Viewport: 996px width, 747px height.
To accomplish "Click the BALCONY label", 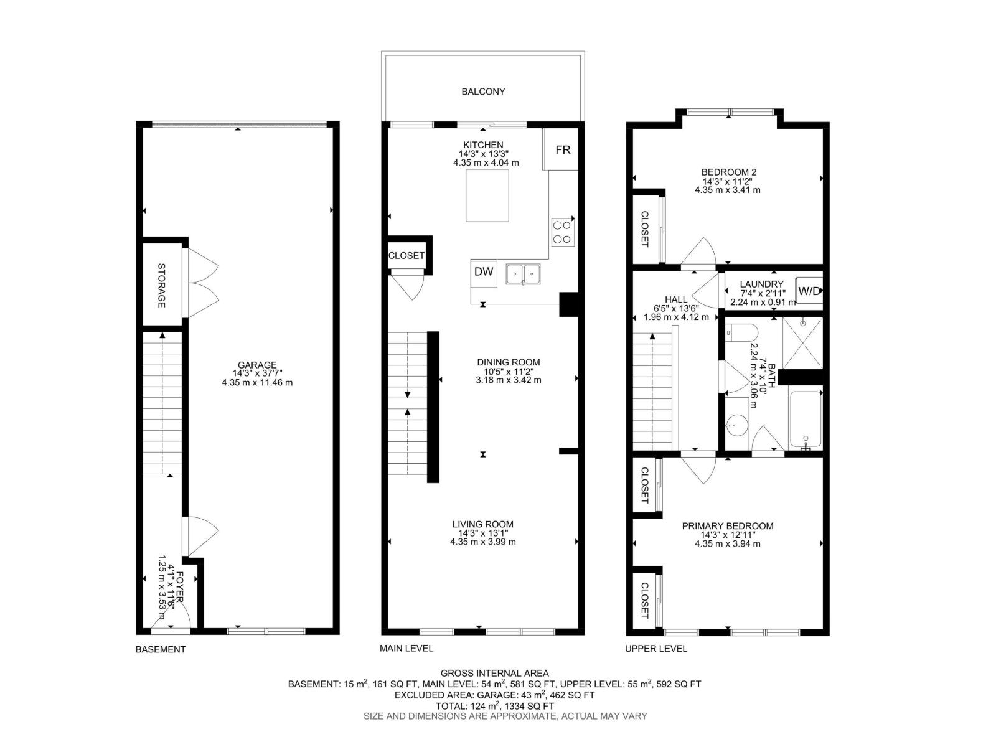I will pyautogui.click(x=483, y=92).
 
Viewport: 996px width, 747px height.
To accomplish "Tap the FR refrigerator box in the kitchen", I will pyautogui.click(x=563, y=150).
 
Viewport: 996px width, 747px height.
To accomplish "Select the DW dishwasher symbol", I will pyautogui.click(x=484, y=271).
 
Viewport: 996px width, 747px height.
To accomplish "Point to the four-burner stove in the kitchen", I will pyautogui.click(x=562, y=232).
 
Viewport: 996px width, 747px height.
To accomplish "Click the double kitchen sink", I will pyautogui.click(x=523, y=274).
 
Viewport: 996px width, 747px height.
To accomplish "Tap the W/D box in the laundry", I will pyautogui.click(x=809, y=291).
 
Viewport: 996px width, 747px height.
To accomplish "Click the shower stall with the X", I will pyautogui.click(x=802, y=343).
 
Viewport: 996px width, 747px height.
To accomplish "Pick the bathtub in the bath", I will pyautogui.click(x=806, y=419).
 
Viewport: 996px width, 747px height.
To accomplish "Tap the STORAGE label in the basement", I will pyautogui.click(x=161, y=286).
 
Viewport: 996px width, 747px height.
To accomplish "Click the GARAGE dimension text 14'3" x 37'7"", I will pyautogui.click(x=257, y=374).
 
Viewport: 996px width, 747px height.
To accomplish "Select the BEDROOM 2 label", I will pyautogui.click(x=728, y=172).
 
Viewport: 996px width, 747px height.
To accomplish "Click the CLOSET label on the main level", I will pyautogui.click(x=406, y=256).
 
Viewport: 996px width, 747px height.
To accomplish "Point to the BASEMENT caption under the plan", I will pyautogui.click(x=161, y=649).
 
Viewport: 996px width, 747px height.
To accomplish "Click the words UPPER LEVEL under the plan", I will pyautogui.click(x=656, y=649).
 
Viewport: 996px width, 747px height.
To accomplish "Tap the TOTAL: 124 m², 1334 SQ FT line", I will pyautogui.click(x=496, y=706).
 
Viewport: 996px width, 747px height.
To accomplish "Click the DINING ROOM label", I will pyautogui.click(x=508, y=362).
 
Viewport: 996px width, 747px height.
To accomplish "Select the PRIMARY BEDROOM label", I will pyautogui.click(x=728, y=526).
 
